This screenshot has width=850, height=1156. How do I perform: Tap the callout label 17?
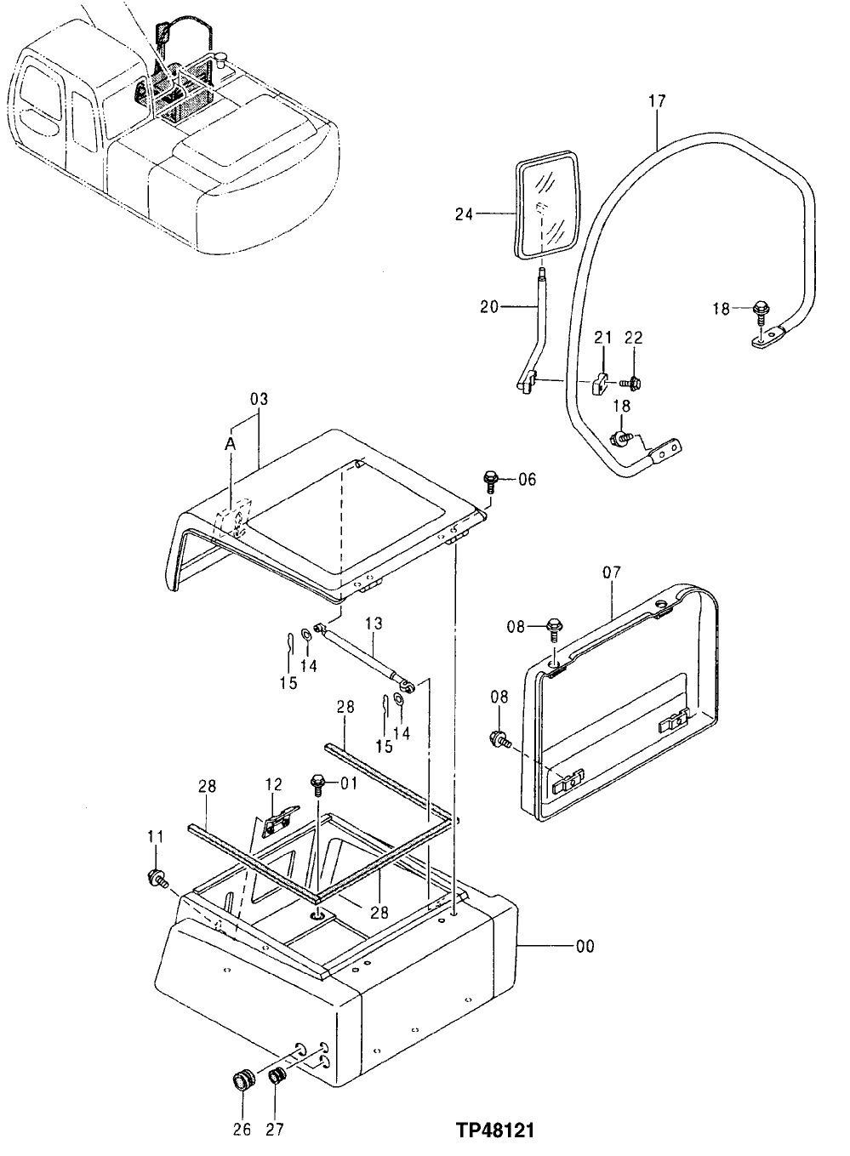click(x=657, y=101)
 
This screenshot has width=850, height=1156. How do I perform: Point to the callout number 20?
click(x=490, y=307)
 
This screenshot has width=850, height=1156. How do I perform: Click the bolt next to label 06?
click(x=491, y=480)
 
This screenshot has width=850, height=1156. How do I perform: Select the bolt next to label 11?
click(x=157, y=878)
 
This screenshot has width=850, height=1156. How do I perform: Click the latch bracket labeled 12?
click(x=276, y=819)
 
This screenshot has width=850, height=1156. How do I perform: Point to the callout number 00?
click(x=585, y=946)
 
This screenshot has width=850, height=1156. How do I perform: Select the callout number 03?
click(x=259, y=399)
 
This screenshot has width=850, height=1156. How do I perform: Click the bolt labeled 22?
click(x=633, y=382)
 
